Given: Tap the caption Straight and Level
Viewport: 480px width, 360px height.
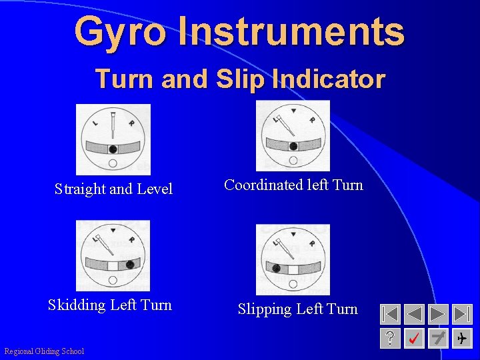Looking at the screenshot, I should pos(113,189).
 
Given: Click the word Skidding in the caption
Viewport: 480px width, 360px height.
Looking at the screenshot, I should pos(77,305).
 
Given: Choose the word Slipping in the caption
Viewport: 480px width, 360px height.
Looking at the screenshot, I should pos(265,309).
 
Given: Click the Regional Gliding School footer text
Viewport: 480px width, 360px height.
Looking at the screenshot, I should pos(44,351).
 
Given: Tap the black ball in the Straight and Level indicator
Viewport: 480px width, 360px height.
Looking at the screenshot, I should pos(113,149).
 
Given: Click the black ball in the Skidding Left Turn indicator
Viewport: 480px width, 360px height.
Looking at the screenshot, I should pos(130,264).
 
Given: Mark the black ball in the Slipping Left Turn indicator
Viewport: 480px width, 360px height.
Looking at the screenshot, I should pos(276,268).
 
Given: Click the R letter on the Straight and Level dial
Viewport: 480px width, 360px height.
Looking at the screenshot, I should pos(131,123).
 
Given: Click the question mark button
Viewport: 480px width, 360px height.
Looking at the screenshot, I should pos(390,339).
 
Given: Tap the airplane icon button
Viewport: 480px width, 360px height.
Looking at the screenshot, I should pos(462,339).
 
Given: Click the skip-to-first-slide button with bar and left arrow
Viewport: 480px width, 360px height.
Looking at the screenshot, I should pos(390,314).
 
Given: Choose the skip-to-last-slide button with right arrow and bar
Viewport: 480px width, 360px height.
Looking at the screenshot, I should pos(462,314).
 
